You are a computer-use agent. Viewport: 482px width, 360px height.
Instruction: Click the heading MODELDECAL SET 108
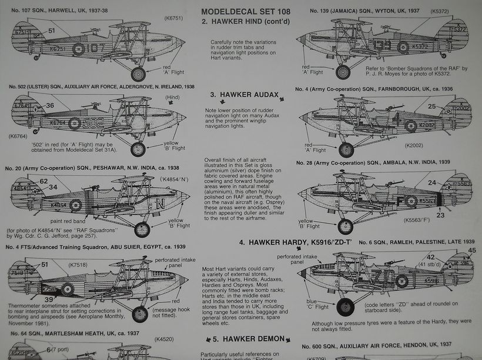pos(241,11)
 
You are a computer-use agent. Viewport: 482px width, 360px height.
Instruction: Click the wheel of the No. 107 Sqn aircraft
pos(138,74)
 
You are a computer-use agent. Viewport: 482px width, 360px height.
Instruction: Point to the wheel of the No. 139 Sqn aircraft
pos(343,72)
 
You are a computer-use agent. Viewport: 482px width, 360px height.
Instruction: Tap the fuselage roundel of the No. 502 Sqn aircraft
pos(75,124)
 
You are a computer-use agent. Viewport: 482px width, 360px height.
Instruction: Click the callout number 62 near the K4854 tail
pos(43,181)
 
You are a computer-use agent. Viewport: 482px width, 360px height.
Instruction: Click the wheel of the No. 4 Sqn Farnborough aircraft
pos(346,149)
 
